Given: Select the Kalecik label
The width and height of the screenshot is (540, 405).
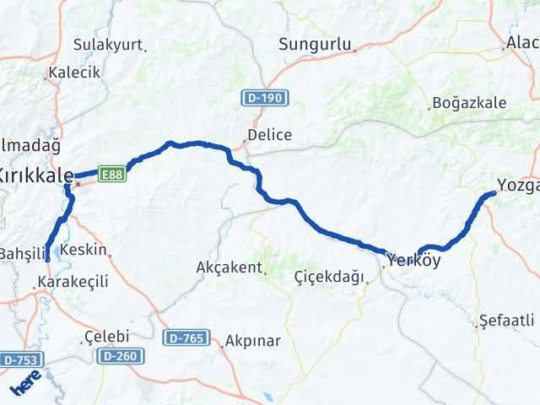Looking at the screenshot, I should [75, 73].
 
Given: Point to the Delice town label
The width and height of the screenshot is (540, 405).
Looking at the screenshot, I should [269, 135].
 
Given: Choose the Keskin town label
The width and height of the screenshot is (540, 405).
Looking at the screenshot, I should [88, 250].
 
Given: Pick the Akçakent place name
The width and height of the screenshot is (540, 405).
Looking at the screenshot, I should [229, 267].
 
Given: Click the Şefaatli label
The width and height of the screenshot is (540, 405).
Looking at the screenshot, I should [506, 321].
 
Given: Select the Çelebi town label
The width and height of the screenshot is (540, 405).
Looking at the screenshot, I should [105, 337].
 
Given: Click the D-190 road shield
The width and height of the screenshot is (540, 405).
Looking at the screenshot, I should [265, 99].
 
